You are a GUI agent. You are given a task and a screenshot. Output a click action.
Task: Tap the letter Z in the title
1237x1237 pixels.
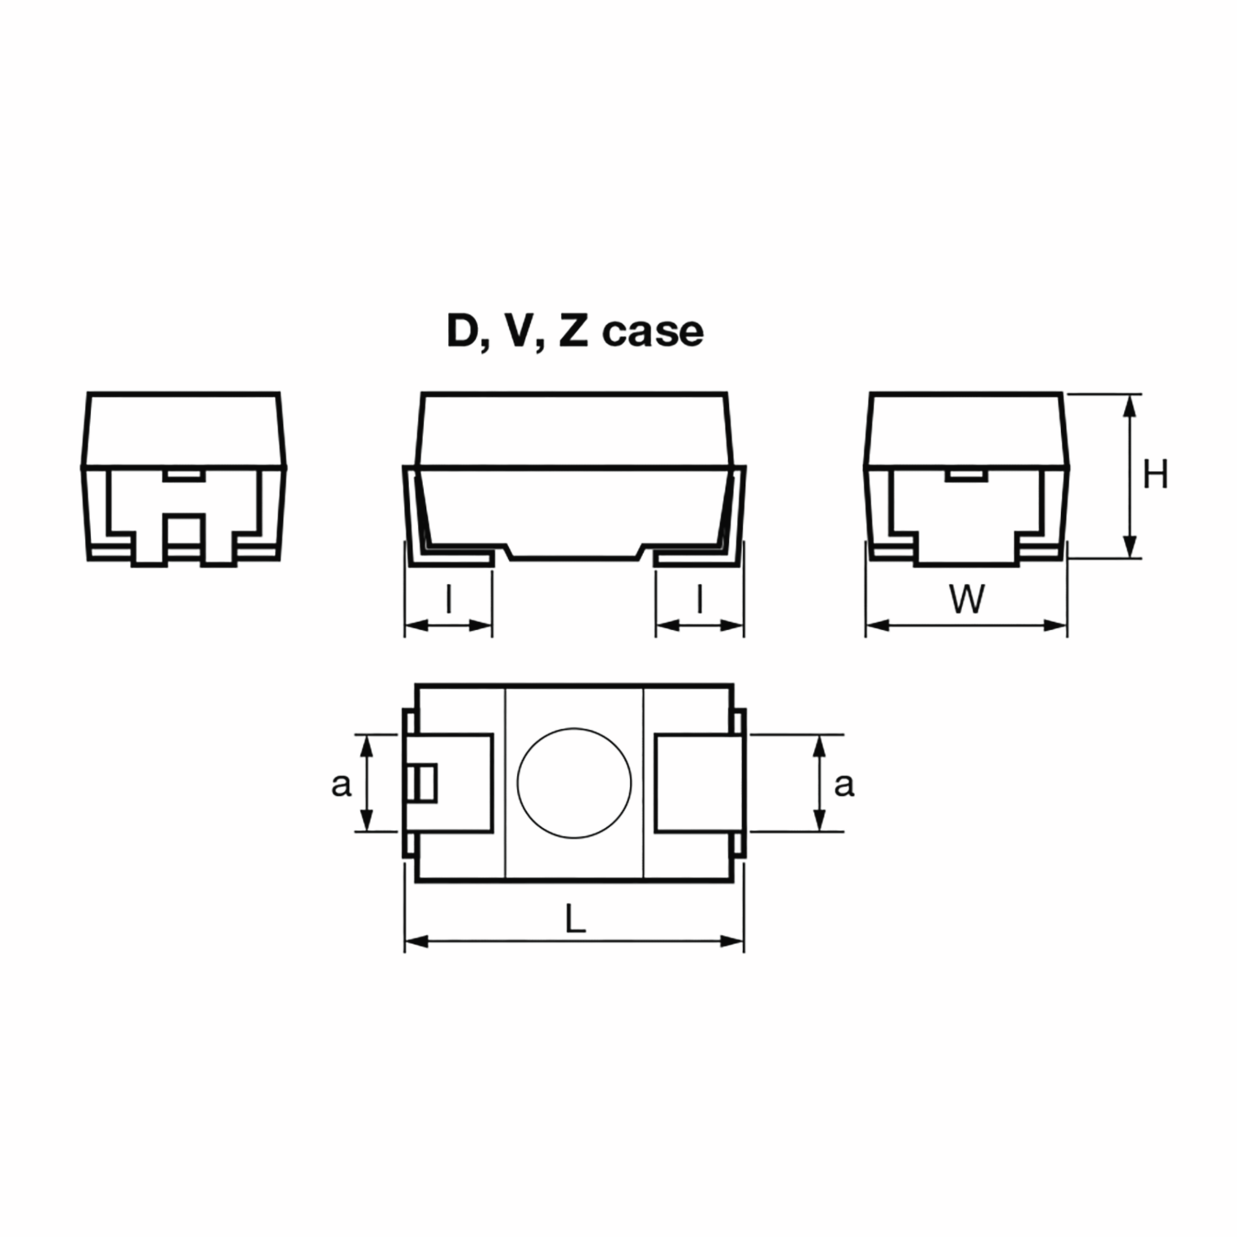573,331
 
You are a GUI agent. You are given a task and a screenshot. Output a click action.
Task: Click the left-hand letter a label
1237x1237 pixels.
341,784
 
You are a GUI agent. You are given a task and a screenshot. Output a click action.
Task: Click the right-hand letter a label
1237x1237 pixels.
844,784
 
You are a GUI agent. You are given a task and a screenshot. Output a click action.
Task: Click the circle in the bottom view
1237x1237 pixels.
574,782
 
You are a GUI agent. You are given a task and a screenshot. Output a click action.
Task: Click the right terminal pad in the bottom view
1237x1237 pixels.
699,783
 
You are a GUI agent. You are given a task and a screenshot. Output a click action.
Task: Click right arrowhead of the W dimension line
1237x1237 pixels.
1057,625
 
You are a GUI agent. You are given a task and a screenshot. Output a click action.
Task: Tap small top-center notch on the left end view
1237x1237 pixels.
184,475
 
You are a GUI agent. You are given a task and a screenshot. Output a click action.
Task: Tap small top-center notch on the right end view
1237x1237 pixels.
967,475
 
